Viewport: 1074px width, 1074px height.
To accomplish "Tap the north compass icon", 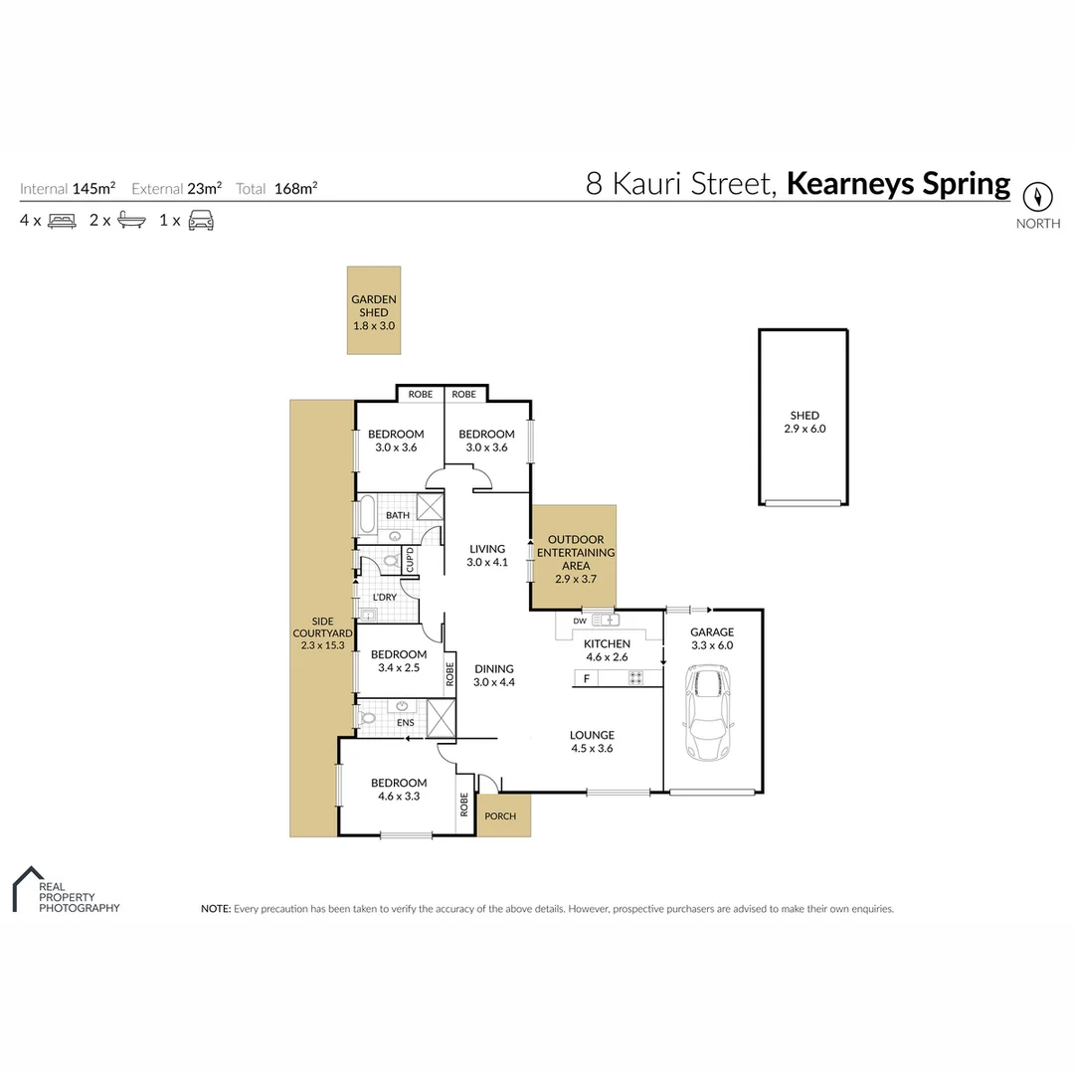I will [1038, 195].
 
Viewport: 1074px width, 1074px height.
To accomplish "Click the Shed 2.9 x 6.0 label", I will [805, 423].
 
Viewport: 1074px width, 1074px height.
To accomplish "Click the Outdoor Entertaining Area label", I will [575, 553].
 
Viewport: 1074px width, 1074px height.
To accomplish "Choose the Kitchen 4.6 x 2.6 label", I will [607, 650].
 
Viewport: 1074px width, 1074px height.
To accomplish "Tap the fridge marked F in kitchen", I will [587, 679].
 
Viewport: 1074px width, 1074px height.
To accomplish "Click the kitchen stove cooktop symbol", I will [635, 679].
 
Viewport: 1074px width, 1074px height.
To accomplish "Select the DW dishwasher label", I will [580, 622].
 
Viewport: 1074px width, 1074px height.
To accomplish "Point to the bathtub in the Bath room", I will [366, 516].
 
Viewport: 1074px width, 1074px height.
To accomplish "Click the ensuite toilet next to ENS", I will [367, 717].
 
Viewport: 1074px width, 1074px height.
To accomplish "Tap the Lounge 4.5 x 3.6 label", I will [592, 742].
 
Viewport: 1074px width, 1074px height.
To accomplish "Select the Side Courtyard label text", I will [321, 632].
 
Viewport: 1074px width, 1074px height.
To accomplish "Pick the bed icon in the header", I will [62, 221].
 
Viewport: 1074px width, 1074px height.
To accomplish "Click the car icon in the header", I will [201, 221].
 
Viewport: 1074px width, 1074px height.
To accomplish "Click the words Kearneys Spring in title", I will [898, 184].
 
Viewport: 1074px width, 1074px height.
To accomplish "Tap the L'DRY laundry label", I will [385, 597].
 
